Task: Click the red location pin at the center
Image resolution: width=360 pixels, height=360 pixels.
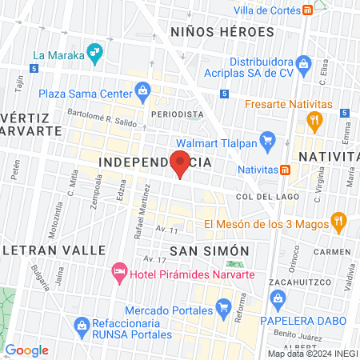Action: (x=181, y=162)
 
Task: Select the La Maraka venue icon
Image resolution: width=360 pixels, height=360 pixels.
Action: (x=96, y=54)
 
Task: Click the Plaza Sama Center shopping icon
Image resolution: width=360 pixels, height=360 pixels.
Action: (x=142, y=90)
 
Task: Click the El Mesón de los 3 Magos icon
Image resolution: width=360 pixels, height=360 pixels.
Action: (x=339, y=219)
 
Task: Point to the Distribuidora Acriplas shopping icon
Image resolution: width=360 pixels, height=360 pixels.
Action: (x=303, y=62)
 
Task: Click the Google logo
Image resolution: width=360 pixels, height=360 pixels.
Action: (x=26, y=350)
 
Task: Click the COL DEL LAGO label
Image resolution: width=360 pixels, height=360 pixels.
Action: (x=267, y=196)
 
